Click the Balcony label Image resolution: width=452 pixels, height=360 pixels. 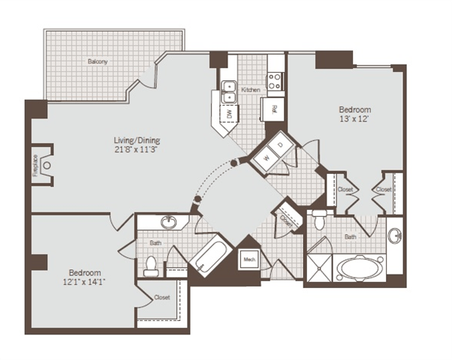(98, 61)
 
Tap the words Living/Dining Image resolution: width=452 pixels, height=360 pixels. (136, 140)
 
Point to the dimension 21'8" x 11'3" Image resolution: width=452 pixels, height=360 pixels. (136, 149)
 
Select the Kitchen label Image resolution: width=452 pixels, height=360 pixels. (251, 90)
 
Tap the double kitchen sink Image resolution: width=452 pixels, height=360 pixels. (229, 90)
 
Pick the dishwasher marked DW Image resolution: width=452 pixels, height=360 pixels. (230, 115)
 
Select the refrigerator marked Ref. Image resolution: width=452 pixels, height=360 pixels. (275, 110)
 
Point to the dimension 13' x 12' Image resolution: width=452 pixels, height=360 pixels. (354, 120)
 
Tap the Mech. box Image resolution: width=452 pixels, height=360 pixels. (249, 260)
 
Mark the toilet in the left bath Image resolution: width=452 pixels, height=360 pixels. (152, 265)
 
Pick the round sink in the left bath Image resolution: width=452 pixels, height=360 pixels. (169, 222)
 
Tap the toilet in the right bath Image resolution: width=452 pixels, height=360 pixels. (319, 221)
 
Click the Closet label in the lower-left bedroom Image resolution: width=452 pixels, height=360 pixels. (162, 297)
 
